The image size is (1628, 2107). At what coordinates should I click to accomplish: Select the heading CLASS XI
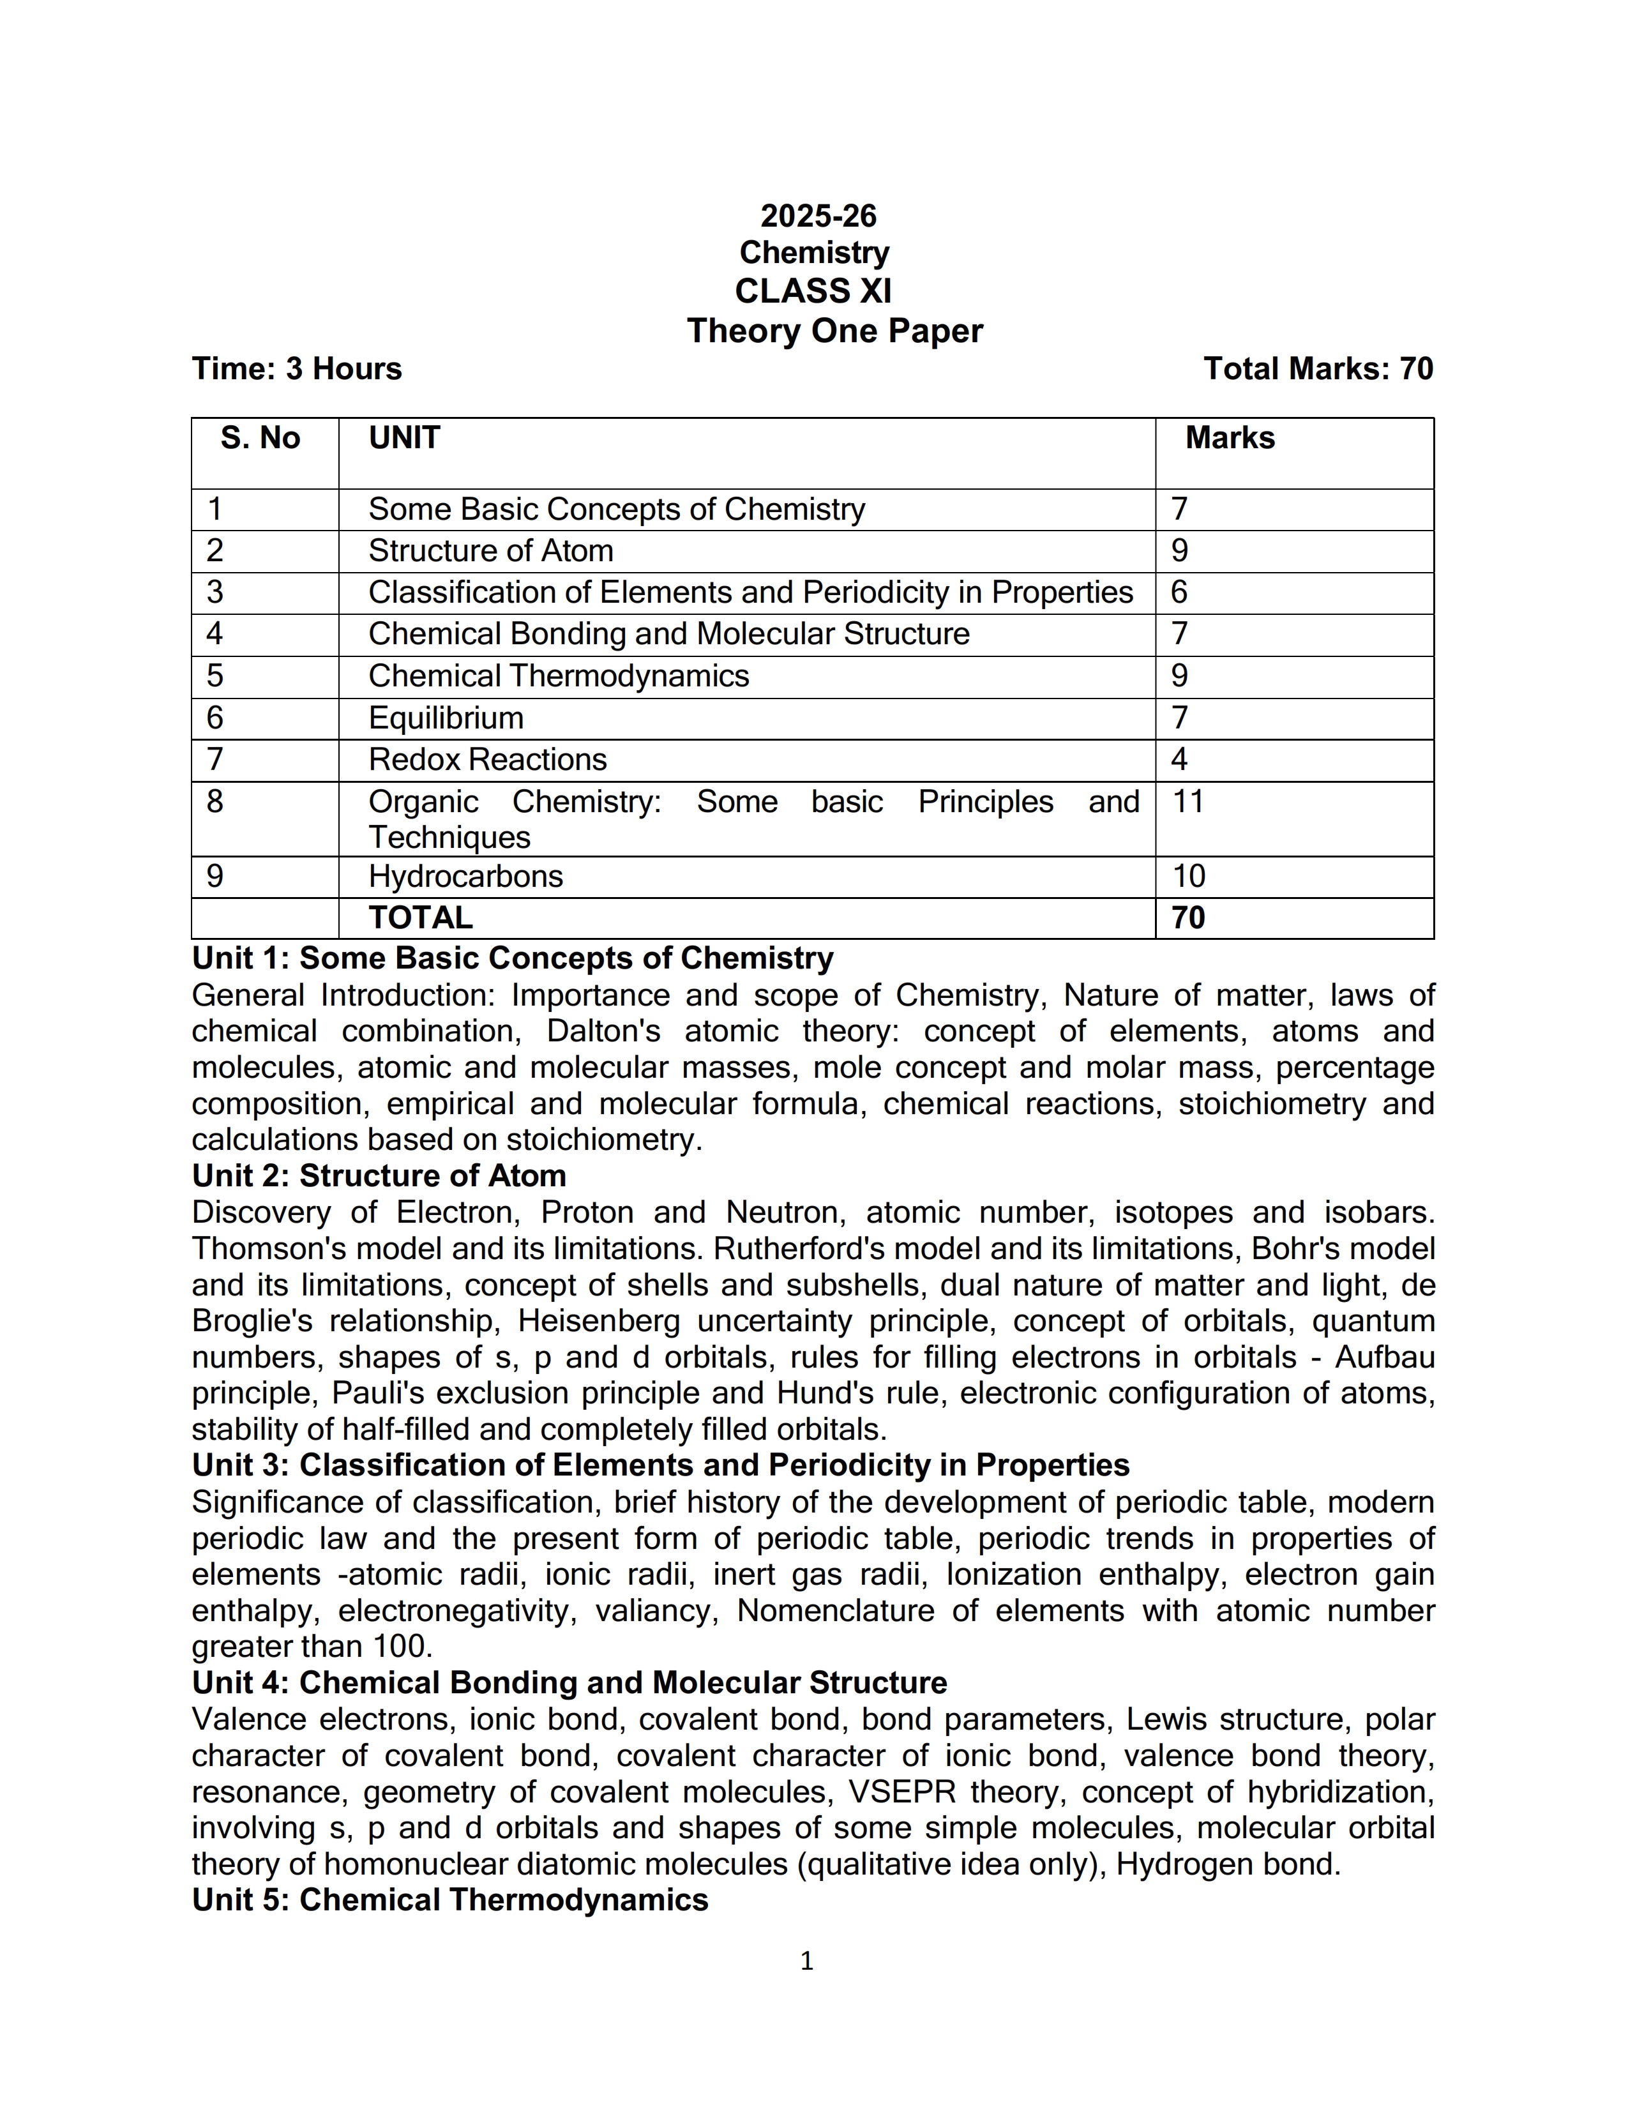813,291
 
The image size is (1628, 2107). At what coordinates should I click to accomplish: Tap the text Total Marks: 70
1318,368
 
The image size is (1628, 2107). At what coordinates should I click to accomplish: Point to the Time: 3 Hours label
296,368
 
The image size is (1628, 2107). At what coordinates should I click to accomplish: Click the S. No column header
260,438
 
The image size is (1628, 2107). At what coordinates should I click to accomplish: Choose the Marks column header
1230,438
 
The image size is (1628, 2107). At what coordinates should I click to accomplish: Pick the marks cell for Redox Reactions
1179,759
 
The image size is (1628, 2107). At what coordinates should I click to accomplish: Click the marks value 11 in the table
1188,802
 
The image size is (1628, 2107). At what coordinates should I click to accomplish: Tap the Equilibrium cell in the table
446,718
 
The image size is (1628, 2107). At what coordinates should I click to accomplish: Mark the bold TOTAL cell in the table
421,918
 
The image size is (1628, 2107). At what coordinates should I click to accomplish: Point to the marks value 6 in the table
1179,591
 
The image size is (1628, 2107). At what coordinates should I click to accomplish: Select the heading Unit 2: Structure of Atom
379,1176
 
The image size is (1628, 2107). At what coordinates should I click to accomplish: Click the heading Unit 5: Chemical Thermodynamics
449,1899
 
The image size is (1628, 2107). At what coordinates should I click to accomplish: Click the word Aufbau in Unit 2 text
1384,1357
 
